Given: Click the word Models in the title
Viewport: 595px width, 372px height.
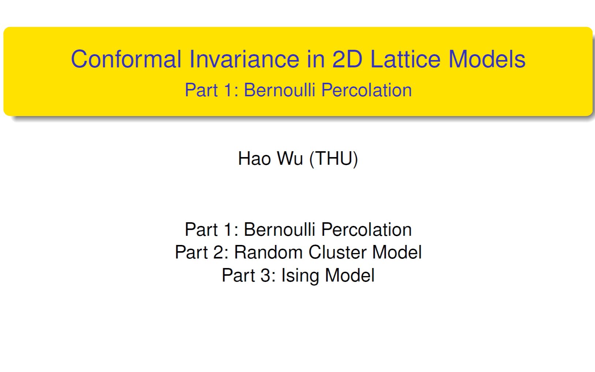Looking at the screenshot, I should (487, 59).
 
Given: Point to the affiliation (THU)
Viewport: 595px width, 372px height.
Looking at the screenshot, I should (333, 159).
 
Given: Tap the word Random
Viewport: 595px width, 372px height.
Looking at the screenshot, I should (269, 252).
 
